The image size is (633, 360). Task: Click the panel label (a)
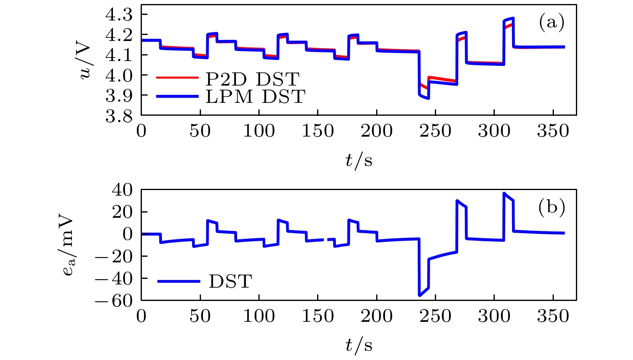[551, 22]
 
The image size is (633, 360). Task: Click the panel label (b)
[551, 207]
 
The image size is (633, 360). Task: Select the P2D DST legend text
[252, 79]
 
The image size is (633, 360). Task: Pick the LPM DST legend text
[256, 96]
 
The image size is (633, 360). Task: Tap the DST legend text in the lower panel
[230, 281]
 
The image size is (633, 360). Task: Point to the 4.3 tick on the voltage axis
[119, 15]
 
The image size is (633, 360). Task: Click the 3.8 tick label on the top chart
[119, 116]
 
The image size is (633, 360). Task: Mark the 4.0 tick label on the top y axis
[119, 75]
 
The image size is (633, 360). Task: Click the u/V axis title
[85, 61]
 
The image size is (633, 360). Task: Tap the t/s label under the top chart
[358, 160]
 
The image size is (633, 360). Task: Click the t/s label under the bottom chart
[358, 345]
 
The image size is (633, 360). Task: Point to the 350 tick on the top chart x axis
[553, 131]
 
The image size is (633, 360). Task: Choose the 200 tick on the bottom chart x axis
[377, 316]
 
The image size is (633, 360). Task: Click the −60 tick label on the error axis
[114, 301]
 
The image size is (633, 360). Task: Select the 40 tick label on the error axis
[122, 190]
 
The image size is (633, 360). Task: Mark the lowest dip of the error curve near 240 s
[420, 295]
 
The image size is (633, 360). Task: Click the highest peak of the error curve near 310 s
[504, 193]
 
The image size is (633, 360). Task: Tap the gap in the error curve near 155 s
[326, 239]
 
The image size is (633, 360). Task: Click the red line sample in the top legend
[177, 78]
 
